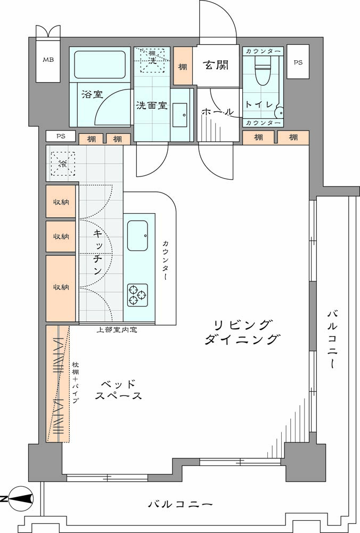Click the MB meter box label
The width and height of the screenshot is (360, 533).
[48, 60]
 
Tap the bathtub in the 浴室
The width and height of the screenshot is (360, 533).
[100, 64]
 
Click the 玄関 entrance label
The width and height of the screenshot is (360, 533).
[216, 65]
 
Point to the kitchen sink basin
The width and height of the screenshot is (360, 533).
[137, 236]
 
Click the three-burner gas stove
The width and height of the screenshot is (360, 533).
[137, 295]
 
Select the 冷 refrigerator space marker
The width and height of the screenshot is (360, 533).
[63, 164]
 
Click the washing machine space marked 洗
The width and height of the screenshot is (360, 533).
[152, 60]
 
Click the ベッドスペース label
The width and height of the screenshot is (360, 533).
[118, 390]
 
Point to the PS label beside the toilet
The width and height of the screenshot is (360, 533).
[298, 62]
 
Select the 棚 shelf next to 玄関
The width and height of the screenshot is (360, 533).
[183, 66]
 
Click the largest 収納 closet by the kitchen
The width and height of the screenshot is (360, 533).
[61, 288]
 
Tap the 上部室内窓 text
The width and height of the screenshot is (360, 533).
[117, 330]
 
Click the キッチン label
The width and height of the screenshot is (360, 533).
[97, 252]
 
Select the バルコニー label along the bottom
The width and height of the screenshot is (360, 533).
[181, 504]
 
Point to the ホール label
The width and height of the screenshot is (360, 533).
[218, 111]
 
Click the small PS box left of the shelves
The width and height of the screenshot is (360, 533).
[61, 136]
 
